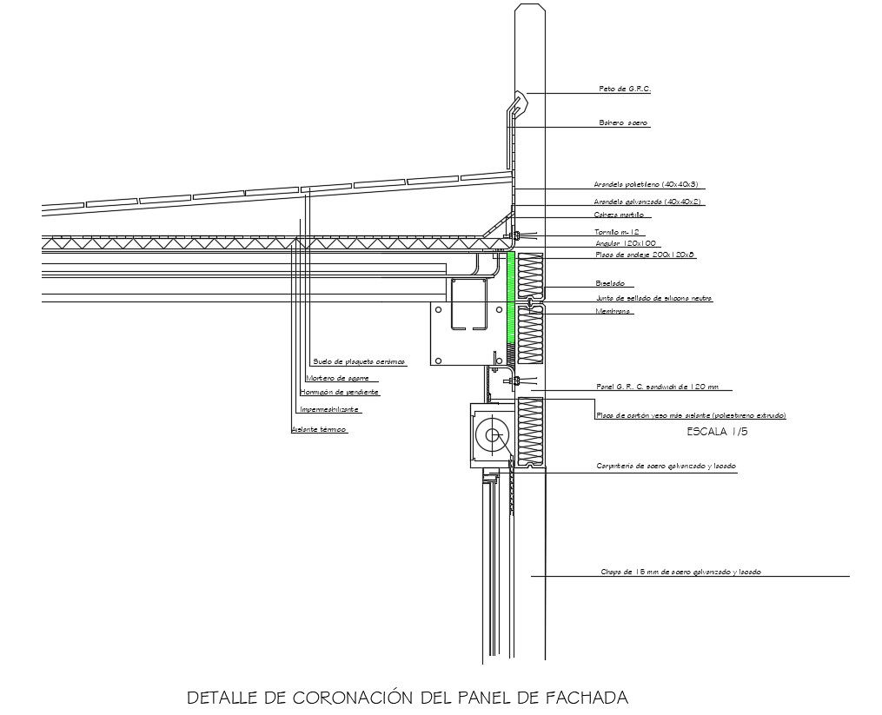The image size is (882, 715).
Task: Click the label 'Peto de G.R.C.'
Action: tap(625, 89)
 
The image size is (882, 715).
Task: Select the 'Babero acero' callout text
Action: tap(623, 123)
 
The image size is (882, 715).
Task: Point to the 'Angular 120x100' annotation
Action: tap(626, 243)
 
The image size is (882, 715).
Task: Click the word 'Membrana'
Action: tap(613, 311)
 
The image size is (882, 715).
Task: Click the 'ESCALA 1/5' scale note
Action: tap(717, 431)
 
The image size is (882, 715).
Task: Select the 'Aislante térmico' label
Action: tap(318, 430)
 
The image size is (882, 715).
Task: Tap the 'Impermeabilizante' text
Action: tap(328, 409)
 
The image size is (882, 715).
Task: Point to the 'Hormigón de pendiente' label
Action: tap(340, 393)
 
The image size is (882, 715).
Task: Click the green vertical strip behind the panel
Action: tap(511, 300)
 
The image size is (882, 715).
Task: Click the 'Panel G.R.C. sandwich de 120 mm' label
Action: tap(658, 387)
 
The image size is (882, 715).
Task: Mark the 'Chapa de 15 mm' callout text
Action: tap(681, 572)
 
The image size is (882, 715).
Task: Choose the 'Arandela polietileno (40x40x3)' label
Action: tap(647, 185)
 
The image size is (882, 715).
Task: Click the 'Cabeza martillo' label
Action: tap(620, 214)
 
